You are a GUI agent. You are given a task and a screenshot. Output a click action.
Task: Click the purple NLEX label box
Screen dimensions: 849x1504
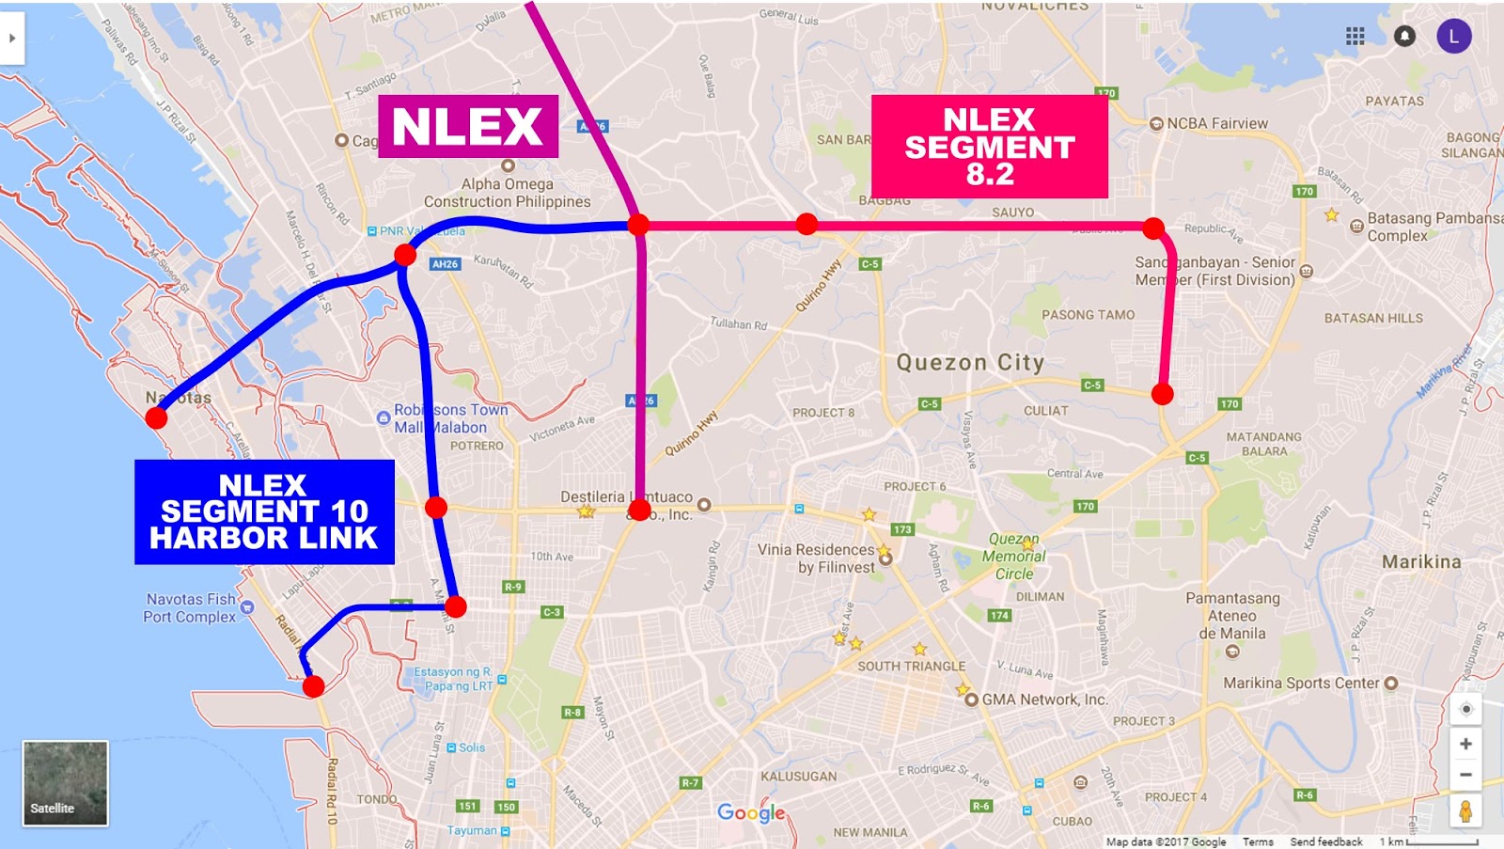click(468, 126)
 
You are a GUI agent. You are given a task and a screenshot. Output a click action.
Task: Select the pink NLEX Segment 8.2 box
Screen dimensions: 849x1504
click(989, 146)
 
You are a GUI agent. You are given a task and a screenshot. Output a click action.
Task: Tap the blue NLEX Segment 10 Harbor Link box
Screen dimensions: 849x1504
click(264, 511)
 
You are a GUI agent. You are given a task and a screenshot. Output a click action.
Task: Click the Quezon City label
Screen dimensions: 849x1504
click(970, 363)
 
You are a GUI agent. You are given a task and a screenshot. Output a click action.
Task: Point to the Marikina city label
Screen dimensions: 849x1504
click(1421, 562)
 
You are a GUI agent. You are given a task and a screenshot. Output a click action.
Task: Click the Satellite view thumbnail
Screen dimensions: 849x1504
click(65, 783)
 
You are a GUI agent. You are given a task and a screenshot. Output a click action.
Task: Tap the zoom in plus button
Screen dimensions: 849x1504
click(1465, 744)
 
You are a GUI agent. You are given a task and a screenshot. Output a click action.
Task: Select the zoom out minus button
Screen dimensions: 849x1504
click(1465, 775)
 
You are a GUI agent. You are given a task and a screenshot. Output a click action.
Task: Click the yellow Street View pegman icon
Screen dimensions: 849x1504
click(1465, 810)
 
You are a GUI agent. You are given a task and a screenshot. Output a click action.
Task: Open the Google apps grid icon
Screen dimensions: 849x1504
click(1355, 36)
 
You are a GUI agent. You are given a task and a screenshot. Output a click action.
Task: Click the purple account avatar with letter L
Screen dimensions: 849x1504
click(1453, 36)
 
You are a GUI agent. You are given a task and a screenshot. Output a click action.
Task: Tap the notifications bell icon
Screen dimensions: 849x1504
click(1404, 36)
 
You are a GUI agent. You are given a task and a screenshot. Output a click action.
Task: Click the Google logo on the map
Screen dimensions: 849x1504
click(750, 812)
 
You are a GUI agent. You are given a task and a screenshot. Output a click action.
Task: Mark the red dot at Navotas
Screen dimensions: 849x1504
click(157, 417)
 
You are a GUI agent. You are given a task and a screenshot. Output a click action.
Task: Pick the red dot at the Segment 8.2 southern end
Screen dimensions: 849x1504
click(1163, 394)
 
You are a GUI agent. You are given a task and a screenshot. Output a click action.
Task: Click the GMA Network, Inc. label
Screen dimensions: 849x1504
click(1044, 700)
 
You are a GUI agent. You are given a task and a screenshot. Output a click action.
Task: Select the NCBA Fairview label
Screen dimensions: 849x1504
click(1216, 123)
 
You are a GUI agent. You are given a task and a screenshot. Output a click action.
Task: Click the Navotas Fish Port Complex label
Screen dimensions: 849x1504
click(191, 608)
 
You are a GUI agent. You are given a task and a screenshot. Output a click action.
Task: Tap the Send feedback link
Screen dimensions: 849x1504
click(1325, 841)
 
